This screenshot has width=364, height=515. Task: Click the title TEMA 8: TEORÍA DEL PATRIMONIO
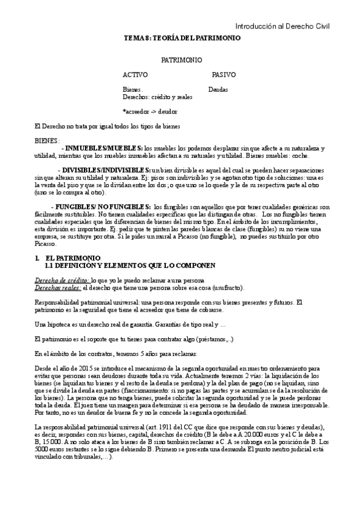click(182, 38)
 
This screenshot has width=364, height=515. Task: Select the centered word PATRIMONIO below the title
click(182, 61)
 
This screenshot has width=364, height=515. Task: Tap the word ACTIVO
click(135, 75)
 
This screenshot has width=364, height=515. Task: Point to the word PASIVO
click(224, 75)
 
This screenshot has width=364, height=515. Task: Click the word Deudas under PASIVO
click(219, 89)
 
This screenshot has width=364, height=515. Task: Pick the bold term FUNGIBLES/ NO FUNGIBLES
click(107, 207)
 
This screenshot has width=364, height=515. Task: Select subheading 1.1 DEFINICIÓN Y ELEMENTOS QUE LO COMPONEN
click(130, 266)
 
